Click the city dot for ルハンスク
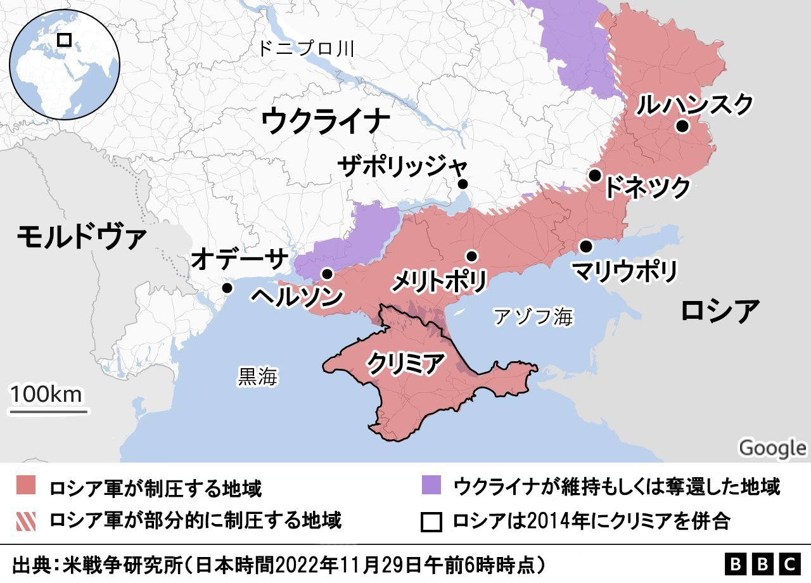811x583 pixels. click(682, 126)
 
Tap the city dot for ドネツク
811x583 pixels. click(594, 176)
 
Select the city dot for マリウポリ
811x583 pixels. click(586, 246)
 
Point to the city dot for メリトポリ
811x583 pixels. click(471, 256)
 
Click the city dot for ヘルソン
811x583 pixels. click(327, 274)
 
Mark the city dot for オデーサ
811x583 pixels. click(227, 288)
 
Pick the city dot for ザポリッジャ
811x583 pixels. click(463, 184)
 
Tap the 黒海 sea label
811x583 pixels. click(258, 376)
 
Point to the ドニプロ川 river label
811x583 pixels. click(305, 49)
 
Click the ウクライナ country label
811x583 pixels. click(324, 120)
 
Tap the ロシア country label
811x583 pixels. click(720, 311)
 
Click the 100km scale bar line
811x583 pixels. click(48, 411)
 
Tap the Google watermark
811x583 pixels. click(772, 447)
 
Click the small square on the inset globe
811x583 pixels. click(64, 40)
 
